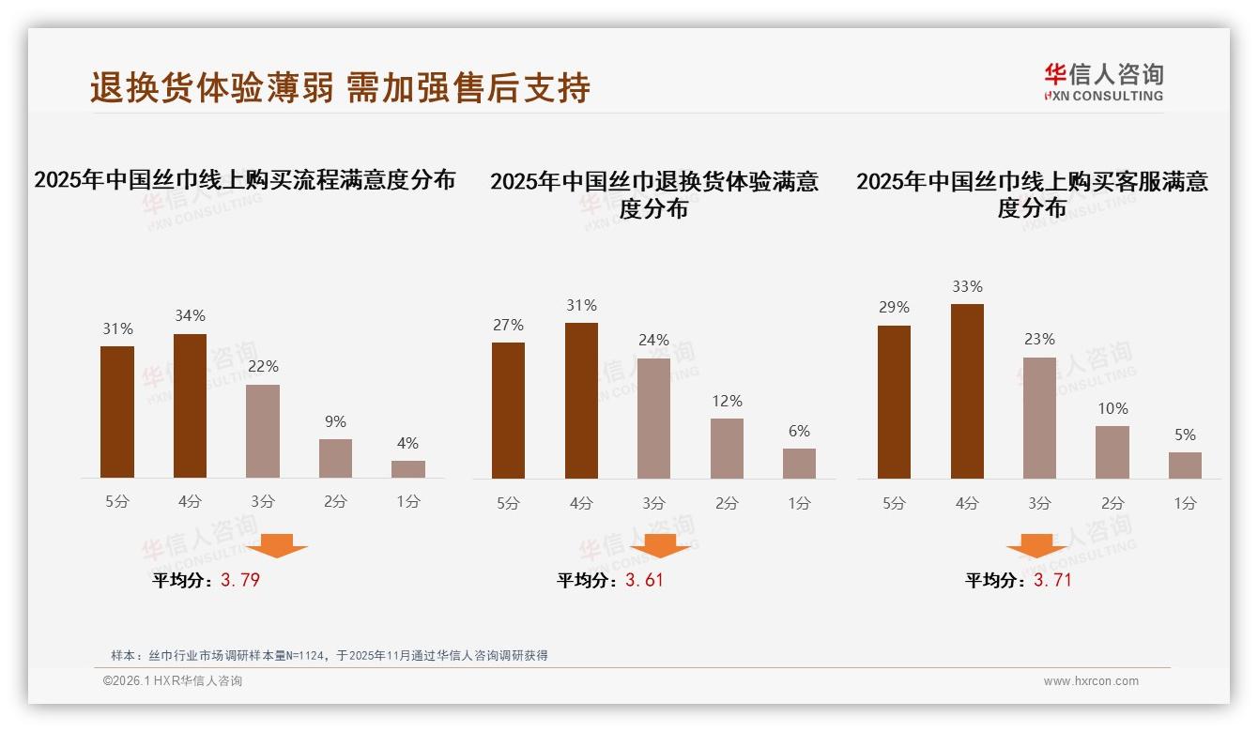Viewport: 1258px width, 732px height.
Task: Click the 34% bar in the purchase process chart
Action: [x=190, y=405]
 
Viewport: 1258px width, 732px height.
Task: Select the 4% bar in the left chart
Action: [x=408, y=469]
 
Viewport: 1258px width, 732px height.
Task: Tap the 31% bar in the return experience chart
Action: [x=581, y=401]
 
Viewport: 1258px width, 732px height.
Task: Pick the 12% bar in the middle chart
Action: [x=727, y=449]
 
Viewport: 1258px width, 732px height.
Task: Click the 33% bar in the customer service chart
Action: [x=967, y=391]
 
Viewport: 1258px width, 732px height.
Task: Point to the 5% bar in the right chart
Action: [x=1185, y=465]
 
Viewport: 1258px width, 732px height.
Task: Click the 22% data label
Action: [x=263, y=366]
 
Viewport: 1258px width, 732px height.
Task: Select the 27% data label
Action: [x=508, y=325]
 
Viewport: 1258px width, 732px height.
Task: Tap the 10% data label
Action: [x=1112, y=408]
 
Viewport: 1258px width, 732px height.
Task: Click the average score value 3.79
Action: [x=240, y=580]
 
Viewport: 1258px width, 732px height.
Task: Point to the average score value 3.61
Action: [x=644, y=580]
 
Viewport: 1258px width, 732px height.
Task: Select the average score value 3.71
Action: [x=1052, y=580]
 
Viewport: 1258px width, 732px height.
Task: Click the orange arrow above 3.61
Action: [x=660, y=546]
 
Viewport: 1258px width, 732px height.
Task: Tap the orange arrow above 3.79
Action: [x=277, y=546]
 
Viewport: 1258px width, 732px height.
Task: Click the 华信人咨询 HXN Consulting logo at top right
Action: [x=1103, y=82]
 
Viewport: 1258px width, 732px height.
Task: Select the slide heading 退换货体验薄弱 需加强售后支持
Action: [x=340, y=87]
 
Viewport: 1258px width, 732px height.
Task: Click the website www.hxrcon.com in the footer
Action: [x=1091, y=681]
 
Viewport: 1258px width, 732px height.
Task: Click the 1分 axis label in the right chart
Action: [x=1185, y=503]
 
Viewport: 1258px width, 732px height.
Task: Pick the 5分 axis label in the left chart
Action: [x=117, y=501]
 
